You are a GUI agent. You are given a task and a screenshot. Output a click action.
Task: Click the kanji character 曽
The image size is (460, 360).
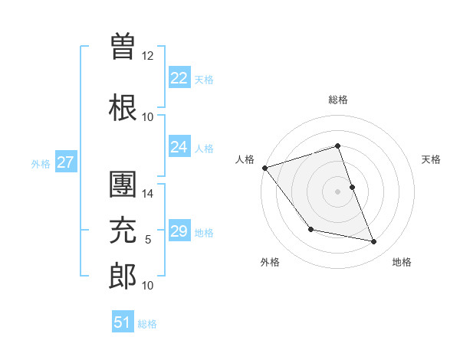[123, 47]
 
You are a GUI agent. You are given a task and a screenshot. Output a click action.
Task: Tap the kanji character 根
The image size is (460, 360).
[123, 107]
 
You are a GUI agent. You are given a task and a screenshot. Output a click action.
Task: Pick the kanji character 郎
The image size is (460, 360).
[123, 277]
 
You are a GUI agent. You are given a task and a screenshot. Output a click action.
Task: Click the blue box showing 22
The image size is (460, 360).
[179, 78]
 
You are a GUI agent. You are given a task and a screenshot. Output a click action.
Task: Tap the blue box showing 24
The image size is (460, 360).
[179, 147]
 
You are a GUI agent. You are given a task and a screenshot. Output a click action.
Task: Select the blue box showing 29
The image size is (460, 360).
[179, 231]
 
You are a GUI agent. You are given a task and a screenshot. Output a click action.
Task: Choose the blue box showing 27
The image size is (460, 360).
[65, 162]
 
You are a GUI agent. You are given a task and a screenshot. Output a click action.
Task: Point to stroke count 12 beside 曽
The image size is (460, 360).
[148, 56]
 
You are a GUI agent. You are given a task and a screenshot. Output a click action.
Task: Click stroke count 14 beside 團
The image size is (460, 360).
[148, 194]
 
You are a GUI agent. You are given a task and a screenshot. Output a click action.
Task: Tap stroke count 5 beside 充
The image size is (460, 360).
[148, 240]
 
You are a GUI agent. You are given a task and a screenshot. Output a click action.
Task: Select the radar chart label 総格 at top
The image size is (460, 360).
[337, 100]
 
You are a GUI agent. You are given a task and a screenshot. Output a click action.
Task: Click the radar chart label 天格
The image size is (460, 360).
[432, 159]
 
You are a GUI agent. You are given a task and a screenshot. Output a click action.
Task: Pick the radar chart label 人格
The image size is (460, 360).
[245, 159]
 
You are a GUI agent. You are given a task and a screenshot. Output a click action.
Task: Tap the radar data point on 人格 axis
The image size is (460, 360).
[264, 168]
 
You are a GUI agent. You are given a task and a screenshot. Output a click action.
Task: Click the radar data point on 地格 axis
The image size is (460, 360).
[374, 242]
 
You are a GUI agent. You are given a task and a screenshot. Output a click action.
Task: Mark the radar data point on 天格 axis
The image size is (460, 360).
[352, 187]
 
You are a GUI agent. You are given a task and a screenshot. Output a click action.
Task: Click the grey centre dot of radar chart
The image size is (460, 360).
[337, 191]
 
